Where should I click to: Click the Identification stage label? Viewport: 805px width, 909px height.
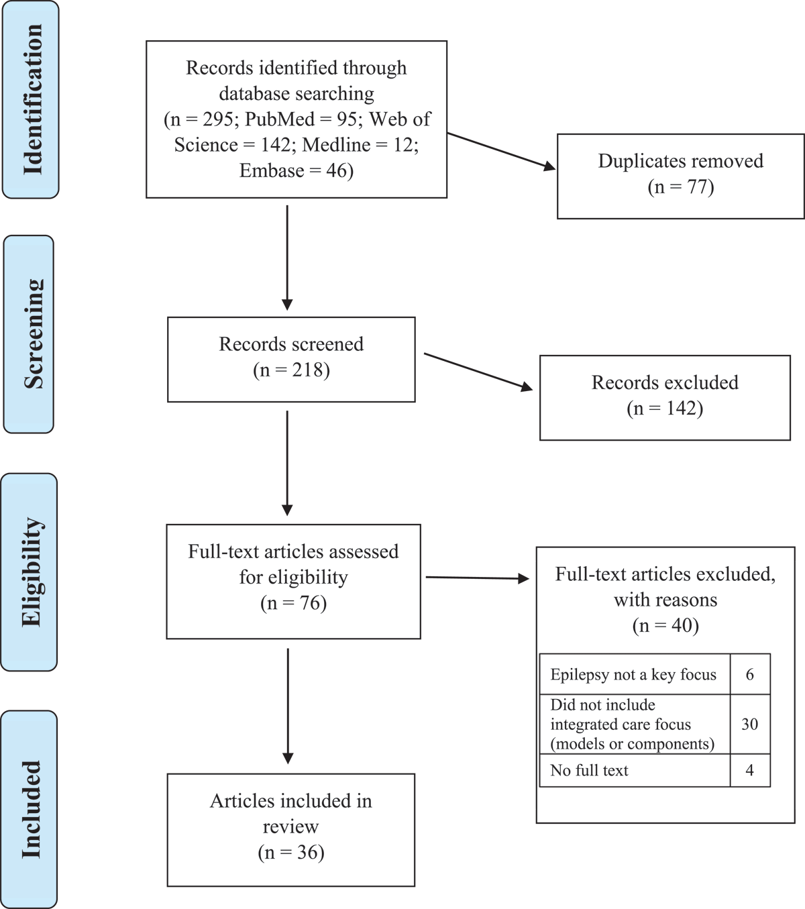31,99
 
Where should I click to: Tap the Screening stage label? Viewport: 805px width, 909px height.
30,333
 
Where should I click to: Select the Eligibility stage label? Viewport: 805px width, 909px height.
30,572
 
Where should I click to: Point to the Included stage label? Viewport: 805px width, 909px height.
30,809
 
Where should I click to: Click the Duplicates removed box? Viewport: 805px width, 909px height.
680,176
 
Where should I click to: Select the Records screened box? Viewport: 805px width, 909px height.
291,359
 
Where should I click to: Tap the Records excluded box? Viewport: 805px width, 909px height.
664,397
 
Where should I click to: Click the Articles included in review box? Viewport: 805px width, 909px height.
290,829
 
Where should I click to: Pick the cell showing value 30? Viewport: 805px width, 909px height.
749,724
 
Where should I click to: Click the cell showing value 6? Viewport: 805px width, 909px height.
749,674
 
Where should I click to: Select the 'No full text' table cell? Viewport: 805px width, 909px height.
634,770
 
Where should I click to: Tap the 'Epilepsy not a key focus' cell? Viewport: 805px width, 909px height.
634,674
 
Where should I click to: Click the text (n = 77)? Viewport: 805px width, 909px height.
680,186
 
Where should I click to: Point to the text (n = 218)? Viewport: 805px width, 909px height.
291,370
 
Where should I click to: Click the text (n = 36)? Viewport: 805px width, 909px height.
290,852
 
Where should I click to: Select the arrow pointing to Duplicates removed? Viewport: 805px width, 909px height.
501,151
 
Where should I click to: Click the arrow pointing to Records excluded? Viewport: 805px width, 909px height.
478,371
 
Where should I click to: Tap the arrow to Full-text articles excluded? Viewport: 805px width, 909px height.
477,577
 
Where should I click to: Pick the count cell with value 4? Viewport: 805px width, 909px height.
749,770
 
